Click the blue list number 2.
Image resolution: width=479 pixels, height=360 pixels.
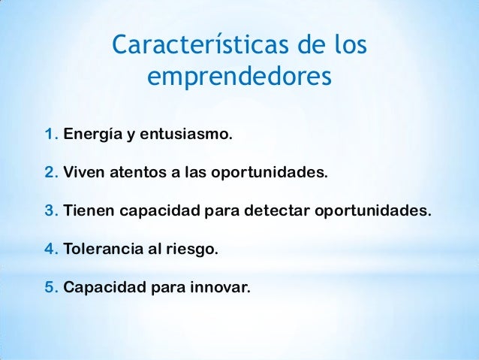point(50,174)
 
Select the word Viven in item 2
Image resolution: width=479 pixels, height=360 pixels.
point(84,174)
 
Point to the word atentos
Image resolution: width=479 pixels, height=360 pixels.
point(138,174)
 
